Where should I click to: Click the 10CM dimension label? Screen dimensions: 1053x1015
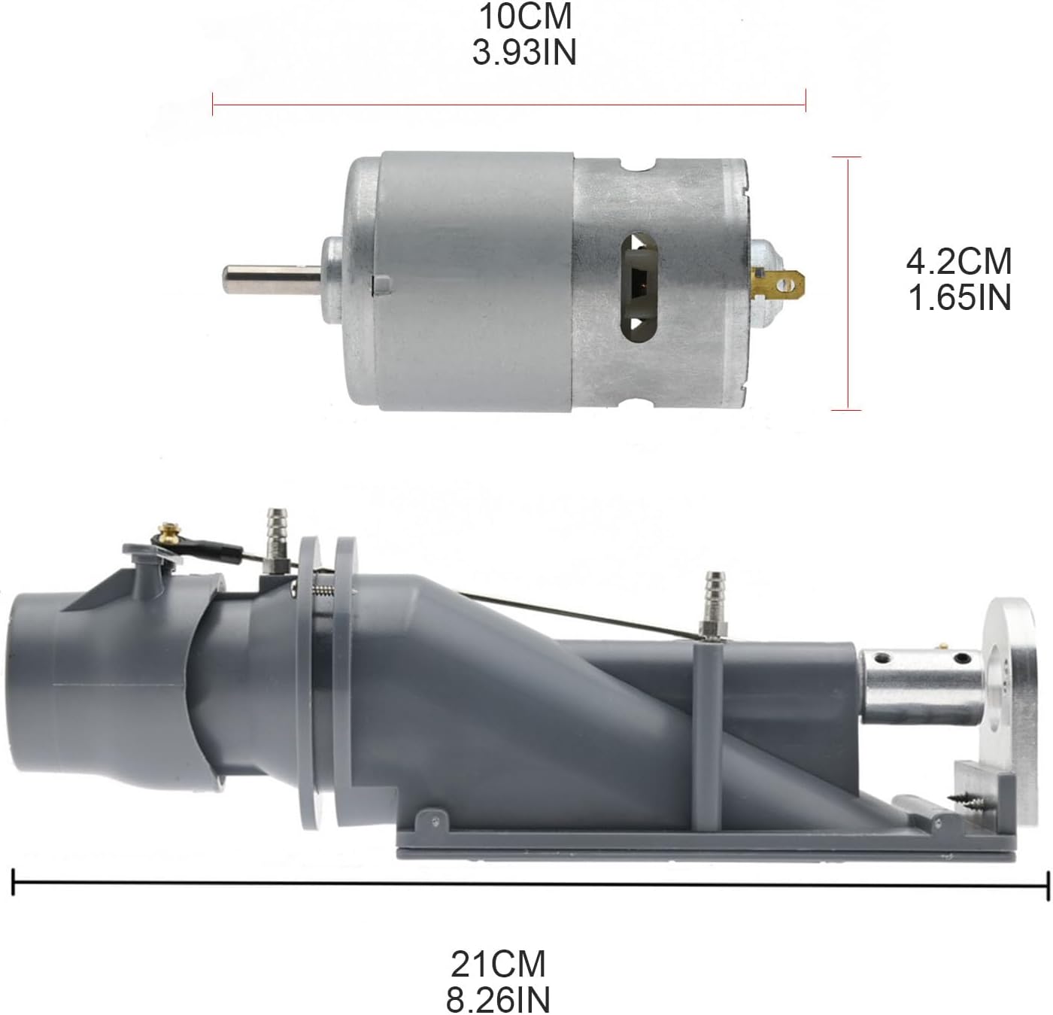[526, 17]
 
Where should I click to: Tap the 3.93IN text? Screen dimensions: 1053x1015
[524, 53]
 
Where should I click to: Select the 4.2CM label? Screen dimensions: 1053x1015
[959, 262]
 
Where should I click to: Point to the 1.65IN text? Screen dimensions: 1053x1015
[959, 298]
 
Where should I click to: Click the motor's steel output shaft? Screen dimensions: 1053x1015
[272, 279]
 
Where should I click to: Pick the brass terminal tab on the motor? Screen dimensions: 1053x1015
[778, 284]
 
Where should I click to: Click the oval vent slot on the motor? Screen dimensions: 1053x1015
[639, 287]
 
